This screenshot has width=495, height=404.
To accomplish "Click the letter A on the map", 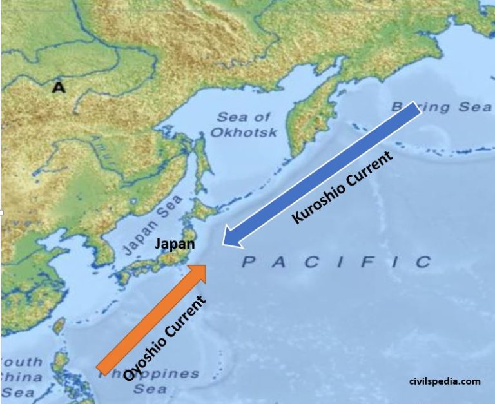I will point(59,87).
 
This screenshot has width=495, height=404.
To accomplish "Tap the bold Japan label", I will point(175,245).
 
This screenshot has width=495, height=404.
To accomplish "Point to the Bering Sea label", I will point(442,107).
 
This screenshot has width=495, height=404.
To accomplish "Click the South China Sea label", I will point(19,377).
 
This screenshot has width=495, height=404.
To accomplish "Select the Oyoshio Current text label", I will point(164,338).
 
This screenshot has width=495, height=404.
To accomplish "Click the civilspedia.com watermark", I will point(444,381).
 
